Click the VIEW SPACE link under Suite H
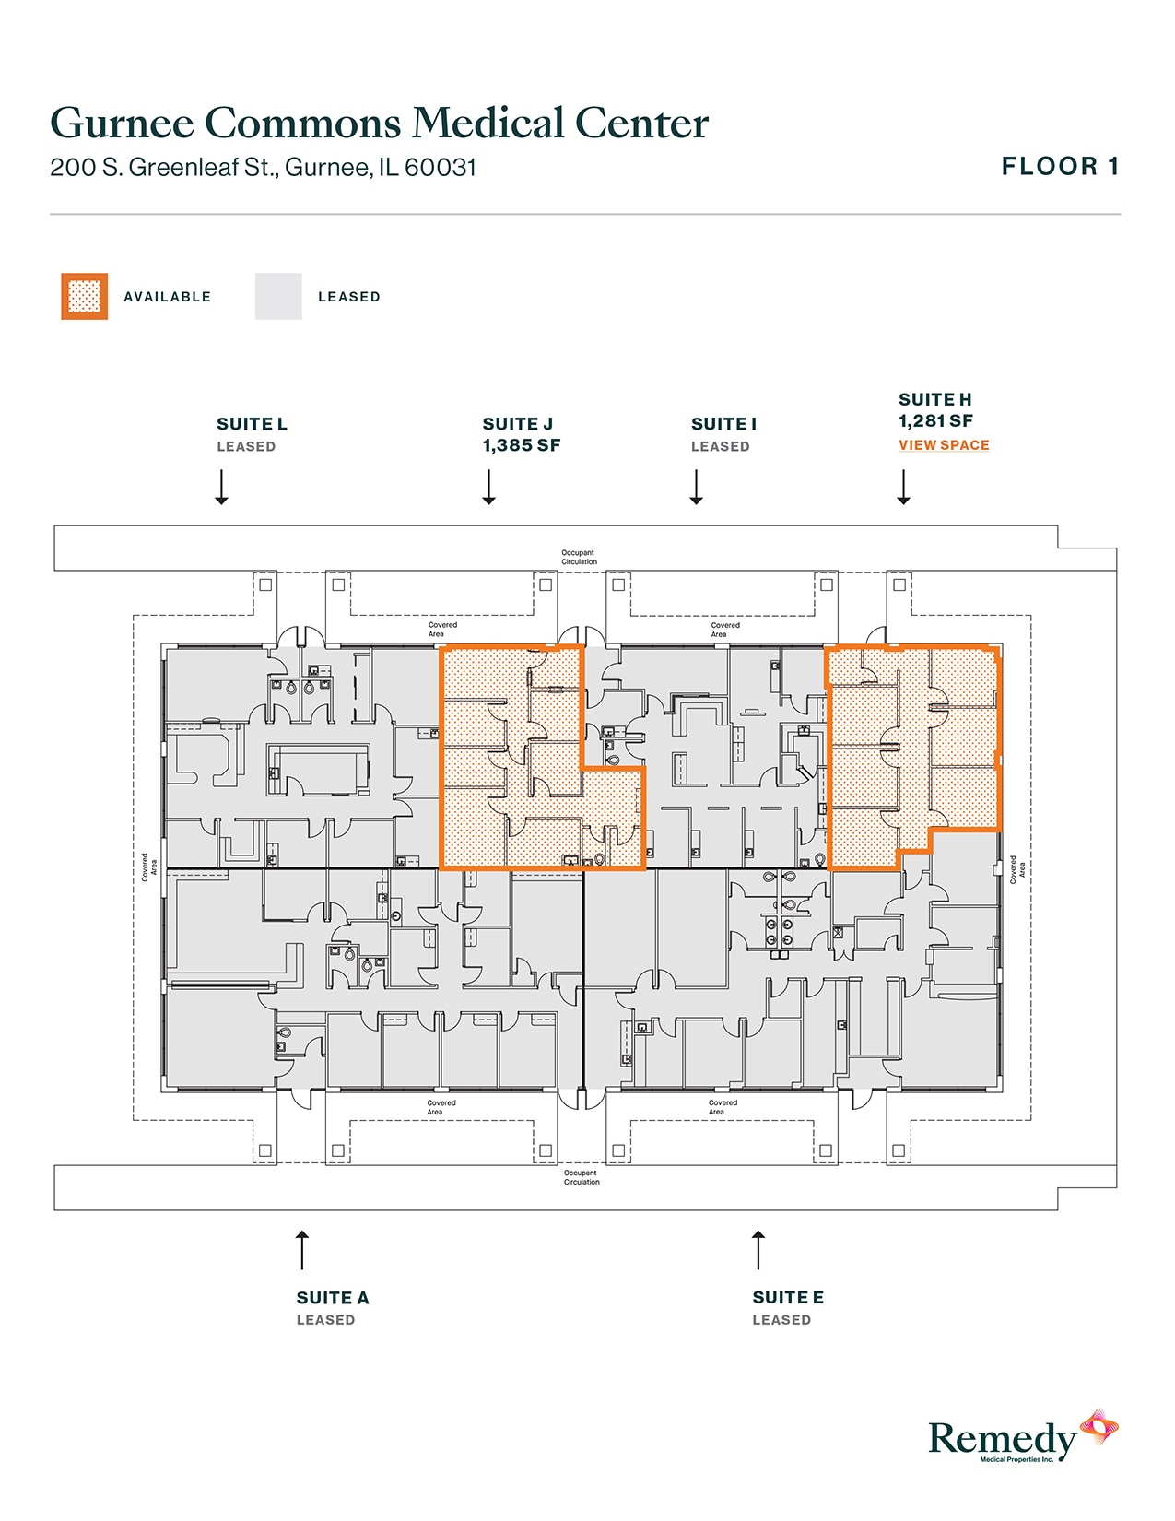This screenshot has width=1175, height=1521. tap(944, 445)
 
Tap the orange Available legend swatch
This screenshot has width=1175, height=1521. tap(85, 297)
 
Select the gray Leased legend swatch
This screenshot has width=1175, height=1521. tap(278, 297)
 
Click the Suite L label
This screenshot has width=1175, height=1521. tap(252, 424)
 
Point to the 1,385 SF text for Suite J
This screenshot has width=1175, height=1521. tap(522, 446)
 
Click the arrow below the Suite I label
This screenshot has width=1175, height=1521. tap(697, 487)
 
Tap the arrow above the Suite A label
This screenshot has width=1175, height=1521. tap(301, 1250)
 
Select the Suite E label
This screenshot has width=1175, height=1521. tap(788, 1298)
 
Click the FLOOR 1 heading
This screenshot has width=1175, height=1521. tap(1060, 167)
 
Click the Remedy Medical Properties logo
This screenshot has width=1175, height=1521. tap(1023, 1438)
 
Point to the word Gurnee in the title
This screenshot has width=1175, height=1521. tap(122, 123)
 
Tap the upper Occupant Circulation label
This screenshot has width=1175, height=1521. tap(580, 557)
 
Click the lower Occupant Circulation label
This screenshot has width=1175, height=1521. tap(582, 1177)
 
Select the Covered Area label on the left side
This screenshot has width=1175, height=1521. tap(148, 867)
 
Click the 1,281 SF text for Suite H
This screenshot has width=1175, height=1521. tap(935, 421)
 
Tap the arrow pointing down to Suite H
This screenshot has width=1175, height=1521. tap(904, 487)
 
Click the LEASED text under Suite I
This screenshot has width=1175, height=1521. tap(721, 447)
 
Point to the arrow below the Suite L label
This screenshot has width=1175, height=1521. tap(221, 487)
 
